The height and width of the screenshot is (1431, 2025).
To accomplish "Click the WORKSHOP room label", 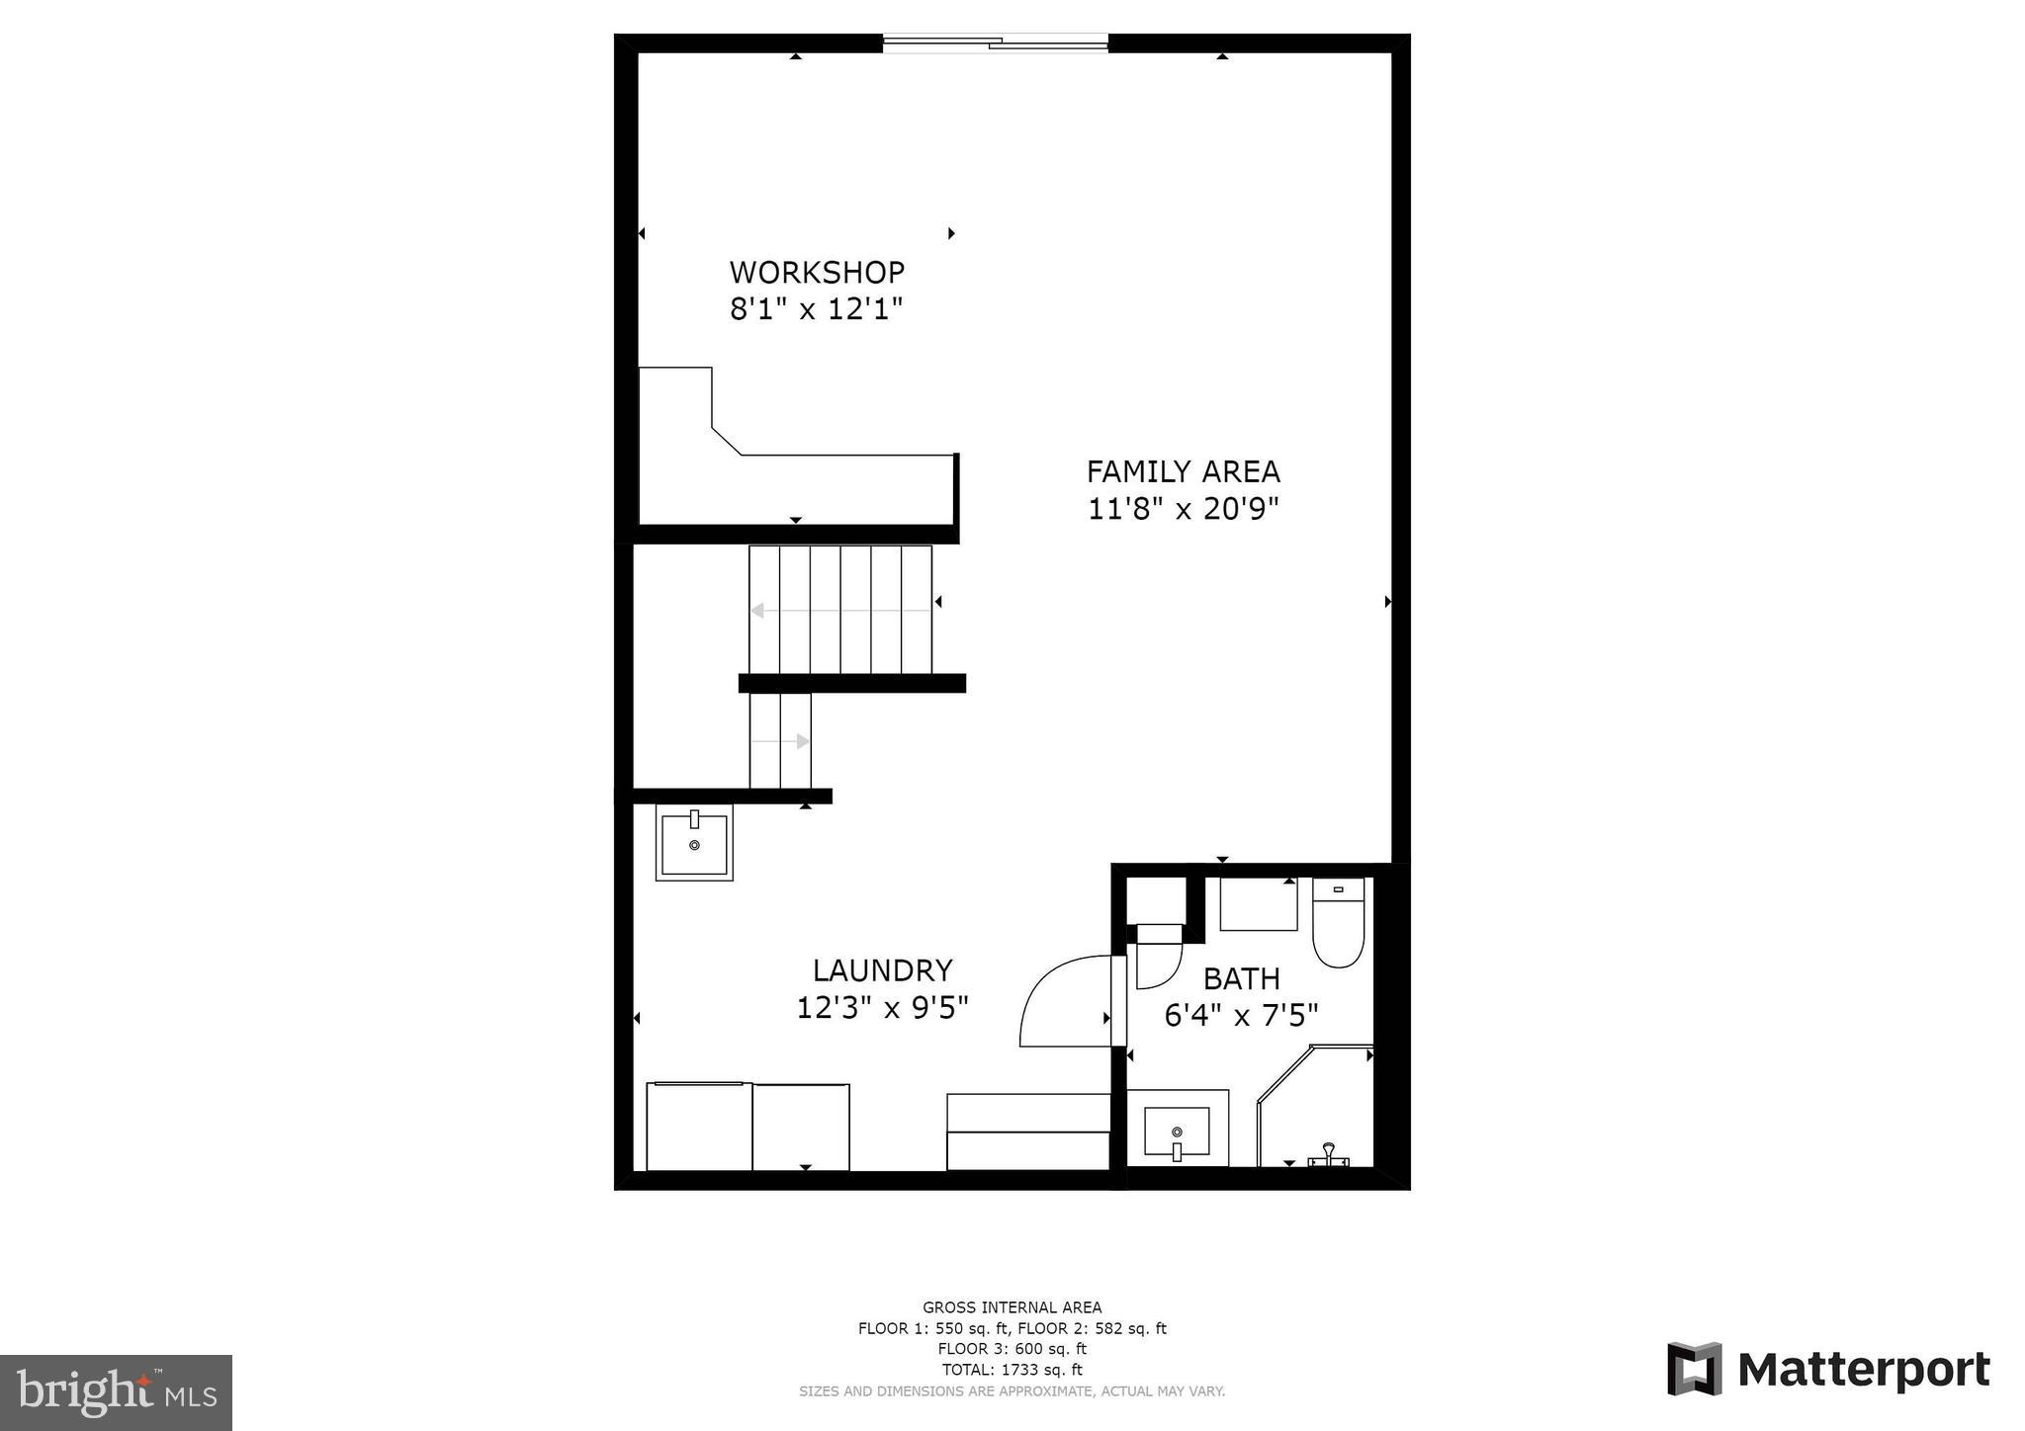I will (x=817, y=272).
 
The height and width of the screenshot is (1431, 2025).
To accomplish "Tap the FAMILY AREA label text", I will (x=1183, y=471).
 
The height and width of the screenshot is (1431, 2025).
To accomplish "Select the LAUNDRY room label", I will (x=882, y=969).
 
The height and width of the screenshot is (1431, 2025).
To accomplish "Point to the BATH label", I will (x=1241, y=978).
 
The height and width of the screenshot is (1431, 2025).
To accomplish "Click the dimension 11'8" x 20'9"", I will (x=1183, y=509).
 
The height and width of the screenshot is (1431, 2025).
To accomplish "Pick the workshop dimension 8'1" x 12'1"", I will (x=817, y=309).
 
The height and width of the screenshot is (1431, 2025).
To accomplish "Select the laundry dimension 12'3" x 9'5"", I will (x=882, y=1008).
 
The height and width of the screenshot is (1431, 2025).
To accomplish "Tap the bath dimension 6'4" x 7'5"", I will (x=1241, y=1016).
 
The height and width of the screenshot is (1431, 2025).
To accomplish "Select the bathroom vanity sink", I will (x=1177, y=1132).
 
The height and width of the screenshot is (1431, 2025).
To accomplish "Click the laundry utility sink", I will (x=694, y=843).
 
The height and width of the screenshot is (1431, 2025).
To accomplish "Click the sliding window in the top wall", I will (x=995, y=42).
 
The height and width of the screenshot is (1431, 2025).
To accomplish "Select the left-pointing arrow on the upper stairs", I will (x=758, y=611).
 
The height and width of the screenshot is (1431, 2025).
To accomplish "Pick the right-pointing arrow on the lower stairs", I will (x=802, y=741).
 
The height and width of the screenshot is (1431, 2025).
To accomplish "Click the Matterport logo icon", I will (x=1695, y=1369).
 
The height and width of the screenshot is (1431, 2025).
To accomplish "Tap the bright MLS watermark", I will (x=117, y=1392).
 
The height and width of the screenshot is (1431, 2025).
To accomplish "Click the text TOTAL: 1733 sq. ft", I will (x=1012, y=1370).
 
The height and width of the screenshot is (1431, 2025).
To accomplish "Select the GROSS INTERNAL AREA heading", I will (x=1012, y=1307).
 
